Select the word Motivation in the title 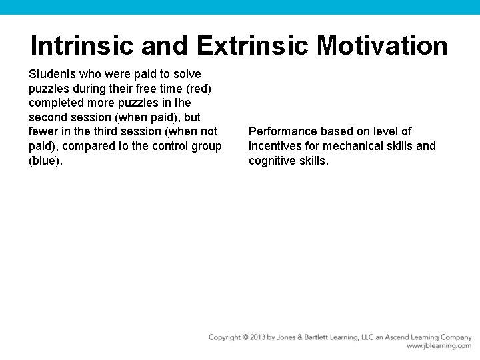click(x=382, y=46)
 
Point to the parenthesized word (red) click(x=198, y=89)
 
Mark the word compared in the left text click(x=88, y=146)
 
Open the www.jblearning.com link click(x=439, y=346)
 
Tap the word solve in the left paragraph click(x=188, y=74)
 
